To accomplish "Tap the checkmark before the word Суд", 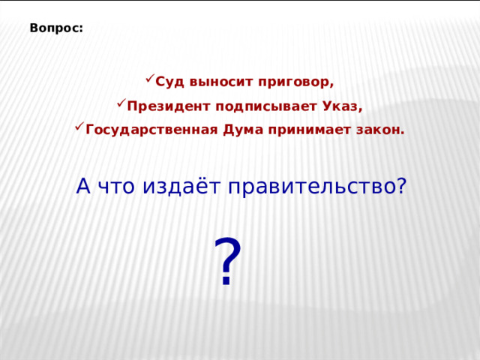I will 149,78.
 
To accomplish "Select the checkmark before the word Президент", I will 120,103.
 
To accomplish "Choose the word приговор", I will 296,82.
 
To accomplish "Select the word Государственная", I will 152,130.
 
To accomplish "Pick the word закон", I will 380,130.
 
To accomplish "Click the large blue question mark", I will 228,262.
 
